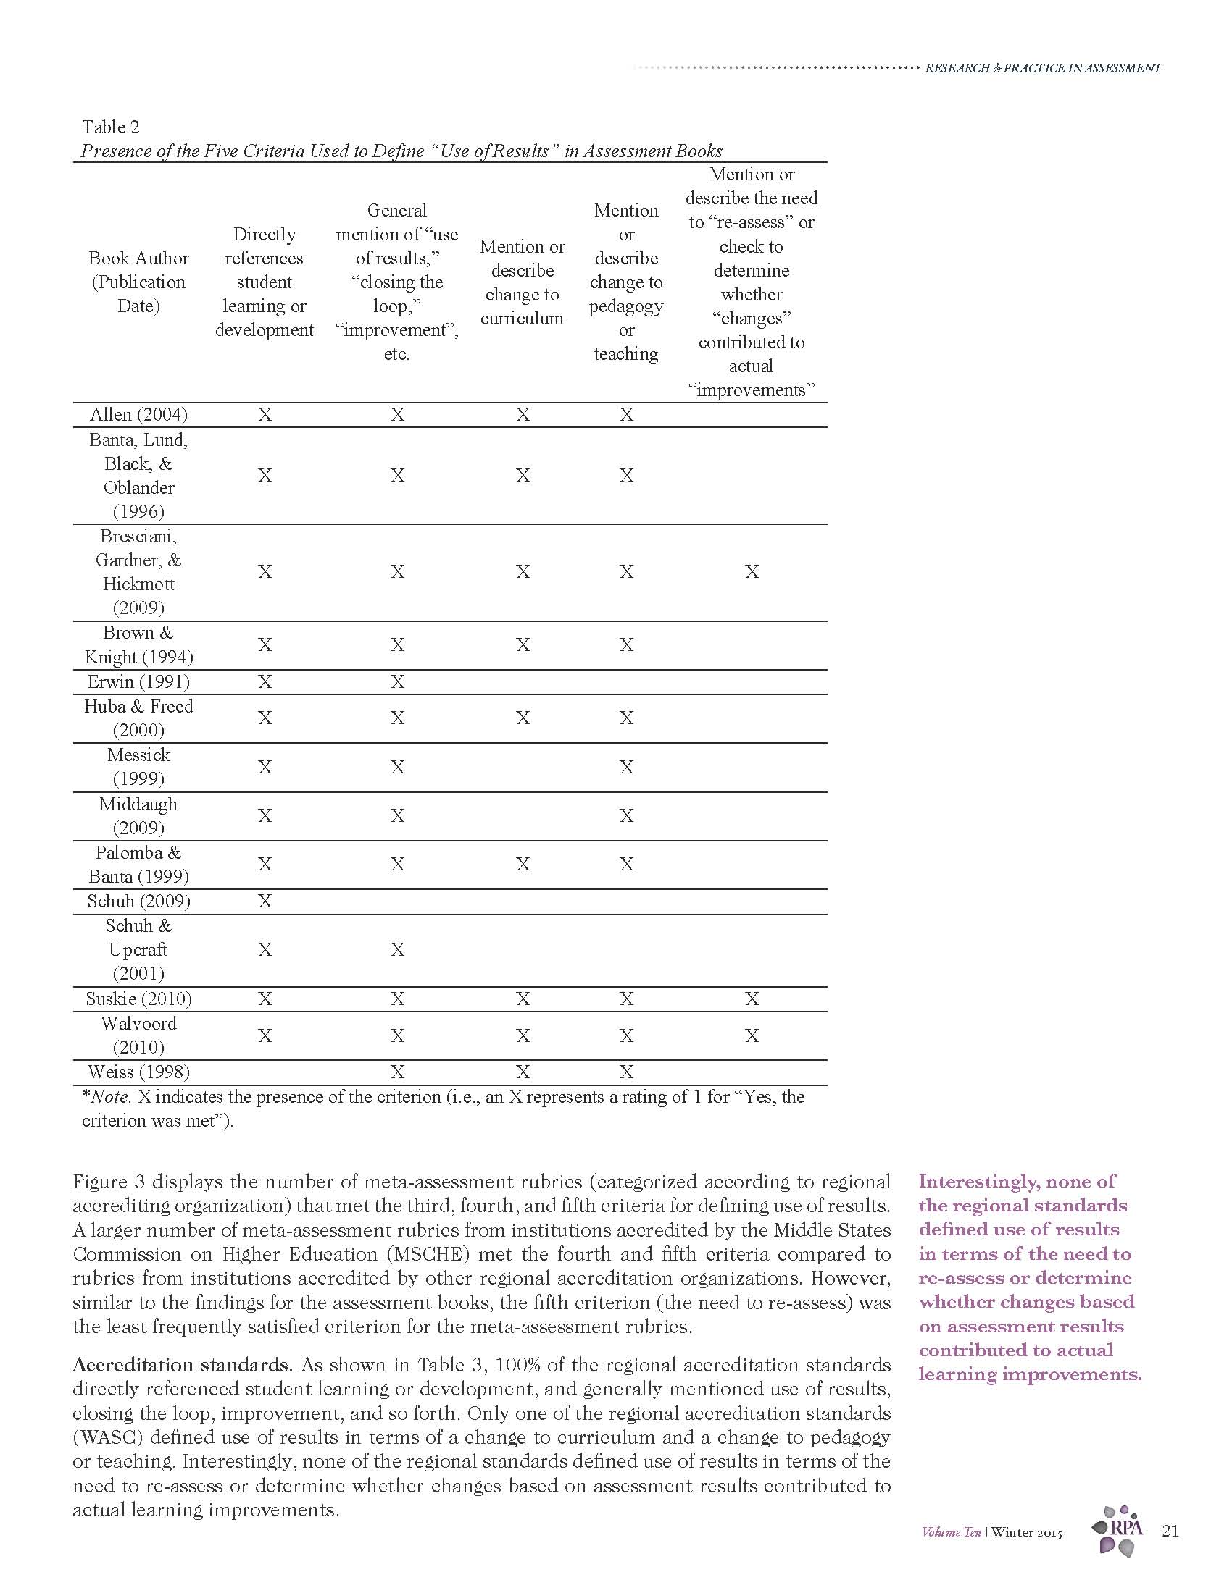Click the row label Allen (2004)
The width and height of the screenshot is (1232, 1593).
(x=138, y=415)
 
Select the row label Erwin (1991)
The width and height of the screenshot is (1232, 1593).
(x=138, y=682)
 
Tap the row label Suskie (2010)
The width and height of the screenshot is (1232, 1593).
(x=138, y=999)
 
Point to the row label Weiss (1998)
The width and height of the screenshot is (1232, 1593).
(x=138, y=1072)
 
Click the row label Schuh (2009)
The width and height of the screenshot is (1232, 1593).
(x=138, y=901)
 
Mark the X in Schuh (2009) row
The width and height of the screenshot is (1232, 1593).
(x=265, y=901)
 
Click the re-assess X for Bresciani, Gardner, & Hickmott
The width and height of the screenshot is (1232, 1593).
(x=752, y=572)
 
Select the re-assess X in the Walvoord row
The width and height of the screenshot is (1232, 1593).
(x=752, y=1035)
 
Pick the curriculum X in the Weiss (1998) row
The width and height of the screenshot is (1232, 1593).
(x=523, y=1072)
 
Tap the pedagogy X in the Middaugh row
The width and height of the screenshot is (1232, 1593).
(x=626, y=816)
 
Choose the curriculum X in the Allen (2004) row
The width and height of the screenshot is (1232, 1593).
(x=523, y=415)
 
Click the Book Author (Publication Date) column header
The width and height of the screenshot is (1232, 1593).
(x=138, y=282)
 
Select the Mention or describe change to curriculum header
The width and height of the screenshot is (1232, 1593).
(x=522, y=282)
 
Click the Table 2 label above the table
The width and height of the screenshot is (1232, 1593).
(x=110, y=127)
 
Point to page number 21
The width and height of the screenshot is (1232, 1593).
(x=1170, y=1531)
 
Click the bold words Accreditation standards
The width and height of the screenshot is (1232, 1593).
(x=180, y=1365)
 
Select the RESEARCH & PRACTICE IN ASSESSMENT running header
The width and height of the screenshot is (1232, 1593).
(x=1042, y=68)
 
